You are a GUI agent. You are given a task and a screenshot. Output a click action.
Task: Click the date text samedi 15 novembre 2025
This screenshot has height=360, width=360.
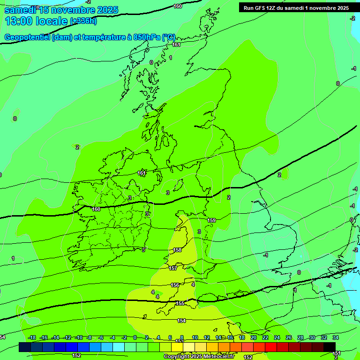61,10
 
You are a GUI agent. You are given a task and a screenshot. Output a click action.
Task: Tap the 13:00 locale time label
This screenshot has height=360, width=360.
37,21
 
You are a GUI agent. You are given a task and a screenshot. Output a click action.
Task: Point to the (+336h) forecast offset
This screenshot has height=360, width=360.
83,21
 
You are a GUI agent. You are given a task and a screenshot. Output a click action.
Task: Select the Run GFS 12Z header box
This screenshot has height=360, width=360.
296,7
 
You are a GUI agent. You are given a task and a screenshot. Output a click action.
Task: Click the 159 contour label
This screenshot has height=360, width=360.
211,220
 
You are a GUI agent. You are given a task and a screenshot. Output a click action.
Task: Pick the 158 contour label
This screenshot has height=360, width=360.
177,250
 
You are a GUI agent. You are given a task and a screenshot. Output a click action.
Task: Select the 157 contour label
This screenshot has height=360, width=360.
173,268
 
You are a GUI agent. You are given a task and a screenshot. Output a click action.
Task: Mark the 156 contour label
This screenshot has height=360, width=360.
175,285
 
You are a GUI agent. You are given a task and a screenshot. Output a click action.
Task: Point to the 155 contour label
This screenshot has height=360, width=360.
180,303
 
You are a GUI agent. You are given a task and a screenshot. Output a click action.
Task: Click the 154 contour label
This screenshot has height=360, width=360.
181,321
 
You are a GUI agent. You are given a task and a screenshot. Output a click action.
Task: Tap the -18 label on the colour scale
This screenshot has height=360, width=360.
32,337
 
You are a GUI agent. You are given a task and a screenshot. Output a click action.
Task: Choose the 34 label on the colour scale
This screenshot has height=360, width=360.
336,337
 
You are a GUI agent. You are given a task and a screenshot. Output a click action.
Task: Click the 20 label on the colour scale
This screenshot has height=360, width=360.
253,337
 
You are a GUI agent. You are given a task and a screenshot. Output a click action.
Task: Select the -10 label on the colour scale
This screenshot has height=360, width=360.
79,337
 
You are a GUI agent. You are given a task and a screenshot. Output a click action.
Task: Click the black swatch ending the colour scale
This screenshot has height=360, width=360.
330,347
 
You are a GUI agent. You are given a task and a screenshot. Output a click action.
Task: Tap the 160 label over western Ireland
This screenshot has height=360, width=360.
96,209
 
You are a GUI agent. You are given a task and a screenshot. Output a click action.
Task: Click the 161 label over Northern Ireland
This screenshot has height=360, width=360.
142,173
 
